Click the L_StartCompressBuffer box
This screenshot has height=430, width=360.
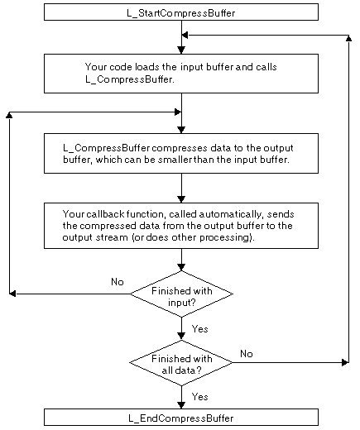click(x=180, y=12)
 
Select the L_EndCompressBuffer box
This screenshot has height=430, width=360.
click(x=180, y=418)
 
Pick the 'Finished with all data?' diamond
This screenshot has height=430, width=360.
click(x=180, y=361)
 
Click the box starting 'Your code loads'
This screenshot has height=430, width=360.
click(x=180, y=73)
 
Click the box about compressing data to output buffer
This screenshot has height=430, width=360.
click(x=180, y=154)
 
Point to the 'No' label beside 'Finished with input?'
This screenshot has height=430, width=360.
click(x=117, y=282)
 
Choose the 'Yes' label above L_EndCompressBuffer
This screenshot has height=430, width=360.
click(x=199, y=396)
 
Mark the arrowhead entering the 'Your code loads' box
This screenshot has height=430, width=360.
click(x=180, y=50)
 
